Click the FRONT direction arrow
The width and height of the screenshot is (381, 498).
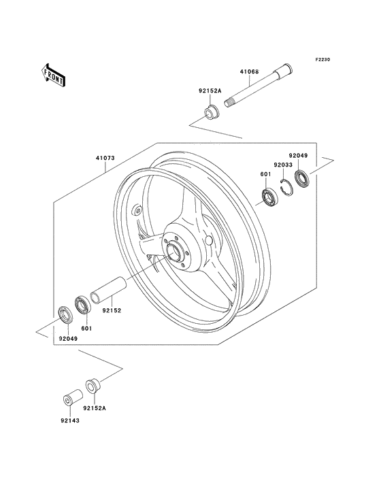(x=53, y=75)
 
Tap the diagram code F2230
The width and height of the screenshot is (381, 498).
(x=322, y=59)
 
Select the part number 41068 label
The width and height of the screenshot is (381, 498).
(x=250, y=71)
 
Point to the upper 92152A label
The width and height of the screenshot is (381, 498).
(x=210, y=90)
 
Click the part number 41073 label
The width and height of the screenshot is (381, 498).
(x=105, y=158)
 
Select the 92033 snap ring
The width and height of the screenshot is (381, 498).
(x=286, y=187)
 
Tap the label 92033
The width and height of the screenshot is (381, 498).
(x=283, y=165)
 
